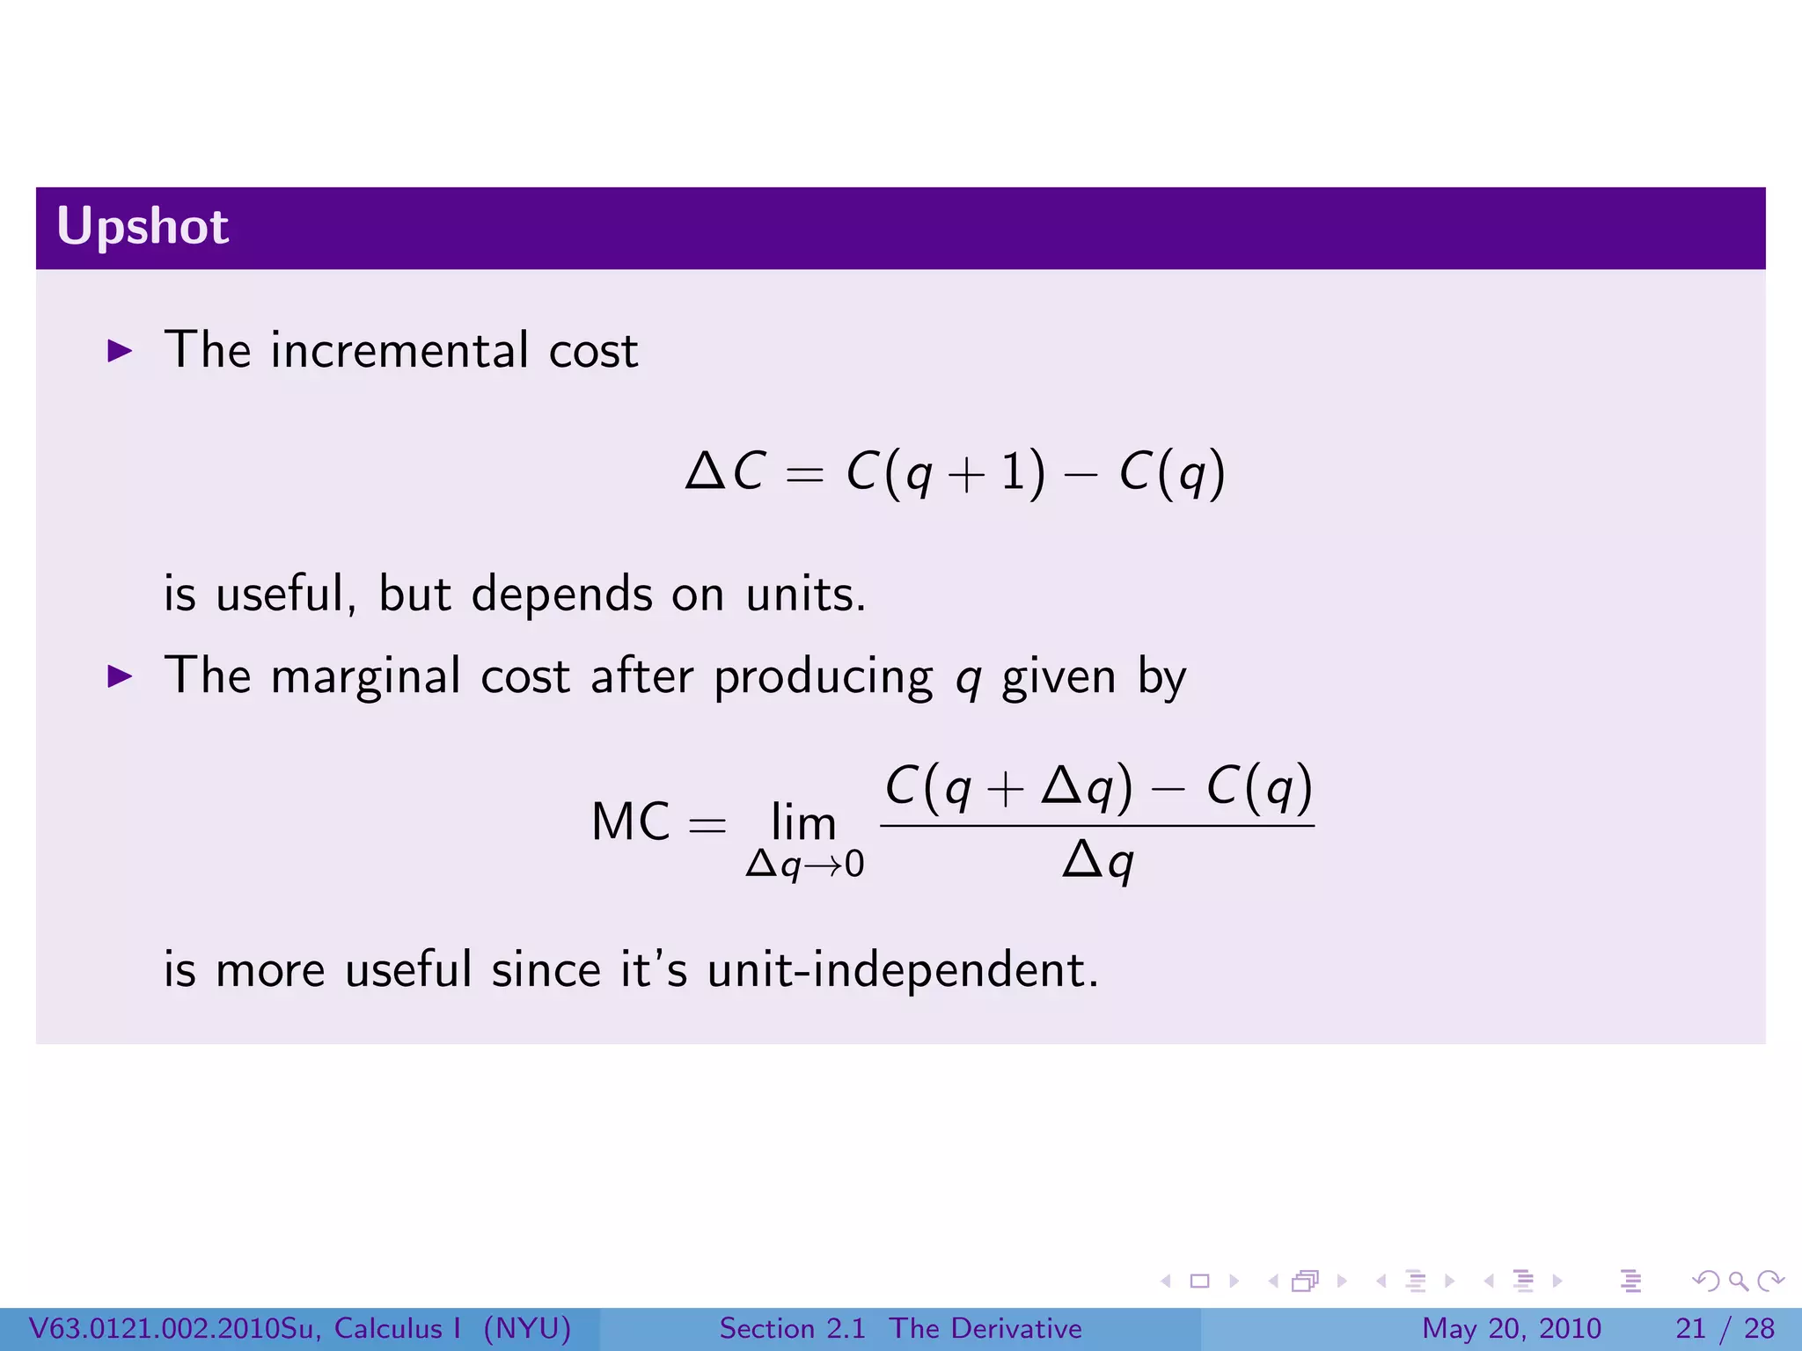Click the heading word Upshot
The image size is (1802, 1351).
pos(143,227)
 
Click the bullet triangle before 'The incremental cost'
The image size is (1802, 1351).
pos(119,351)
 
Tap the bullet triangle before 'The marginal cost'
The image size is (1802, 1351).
pos(119,676)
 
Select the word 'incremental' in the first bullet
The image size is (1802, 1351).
pos(399,350)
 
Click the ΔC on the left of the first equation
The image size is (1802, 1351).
pos(726,471)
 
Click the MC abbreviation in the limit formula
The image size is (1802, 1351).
pos(630,822)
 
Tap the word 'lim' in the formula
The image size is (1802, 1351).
pos(802,822)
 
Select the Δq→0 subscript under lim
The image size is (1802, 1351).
pos(804,865)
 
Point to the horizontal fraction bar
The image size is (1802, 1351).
pos(1097,825)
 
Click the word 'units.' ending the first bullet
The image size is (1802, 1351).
pos(805,594)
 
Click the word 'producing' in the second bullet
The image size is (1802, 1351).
pos(823,677)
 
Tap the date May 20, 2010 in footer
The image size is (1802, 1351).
pos(1511,1328)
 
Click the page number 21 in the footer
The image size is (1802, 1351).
pos(1690,1328)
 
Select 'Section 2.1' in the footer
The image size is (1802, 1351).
pos(792,1328)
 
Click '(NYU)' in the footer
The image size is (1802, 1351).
pos(527,1328)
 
